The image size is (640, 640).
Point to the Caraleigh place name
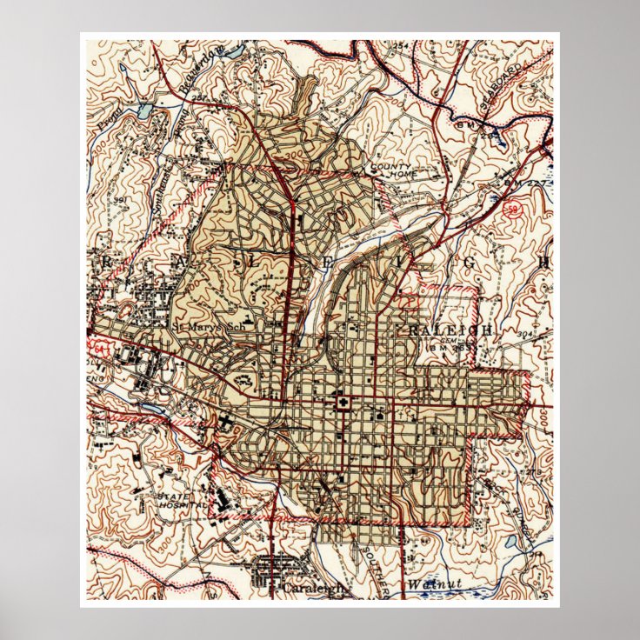313,589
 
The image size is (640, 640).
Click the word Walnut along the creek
431,585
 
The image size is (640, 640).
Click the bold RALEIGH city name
450,330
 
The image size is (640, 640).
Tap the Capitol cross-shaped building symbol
342,402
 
